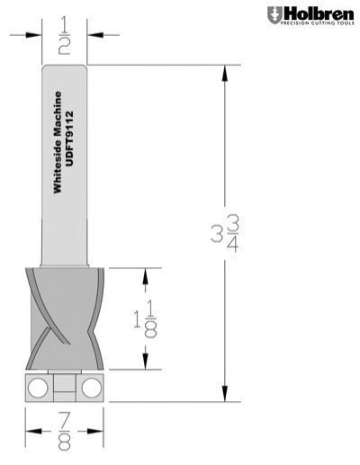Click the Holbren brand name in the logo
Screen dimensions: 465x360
point(319,13)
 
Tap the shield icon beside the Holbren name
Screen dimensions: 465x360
point(274,15)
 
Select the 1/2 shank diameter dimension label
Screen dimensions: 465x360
point(64,35)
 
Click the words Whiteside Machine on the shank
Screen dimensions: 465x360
point(57,143)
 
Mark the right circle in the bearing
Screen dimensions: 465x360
point(92,388)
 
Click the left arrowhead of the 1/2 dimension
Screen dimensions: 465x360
point(37,35)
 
